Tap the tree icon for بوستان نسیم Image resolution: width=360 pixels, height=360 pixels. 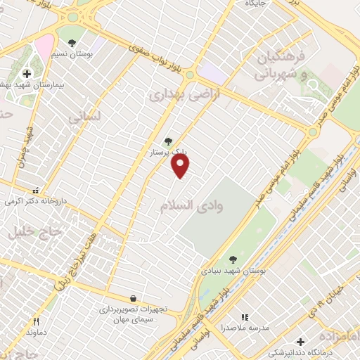(x=72, y=42)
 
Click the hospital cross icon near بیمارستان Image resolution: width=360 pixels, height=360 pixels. (x=27, y=74)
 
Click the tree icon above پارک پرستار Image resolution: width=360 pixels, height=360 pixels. (x=167, y=141)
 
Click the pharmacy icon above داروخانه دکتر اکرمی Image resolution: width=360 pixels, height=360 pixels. (x=36, y=190)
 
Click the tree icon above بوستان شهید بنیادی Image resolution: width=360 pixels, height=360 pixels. (x=233, y=259)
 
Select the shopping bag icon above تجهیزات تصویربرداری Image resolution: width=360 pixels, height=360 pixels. (x=134, y=298)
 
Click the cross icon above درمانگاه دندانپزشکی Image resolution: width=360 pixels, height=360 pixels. (x=301, y=342)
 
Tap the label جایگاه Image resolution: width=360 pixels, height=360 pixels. (x=255, y=4)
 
